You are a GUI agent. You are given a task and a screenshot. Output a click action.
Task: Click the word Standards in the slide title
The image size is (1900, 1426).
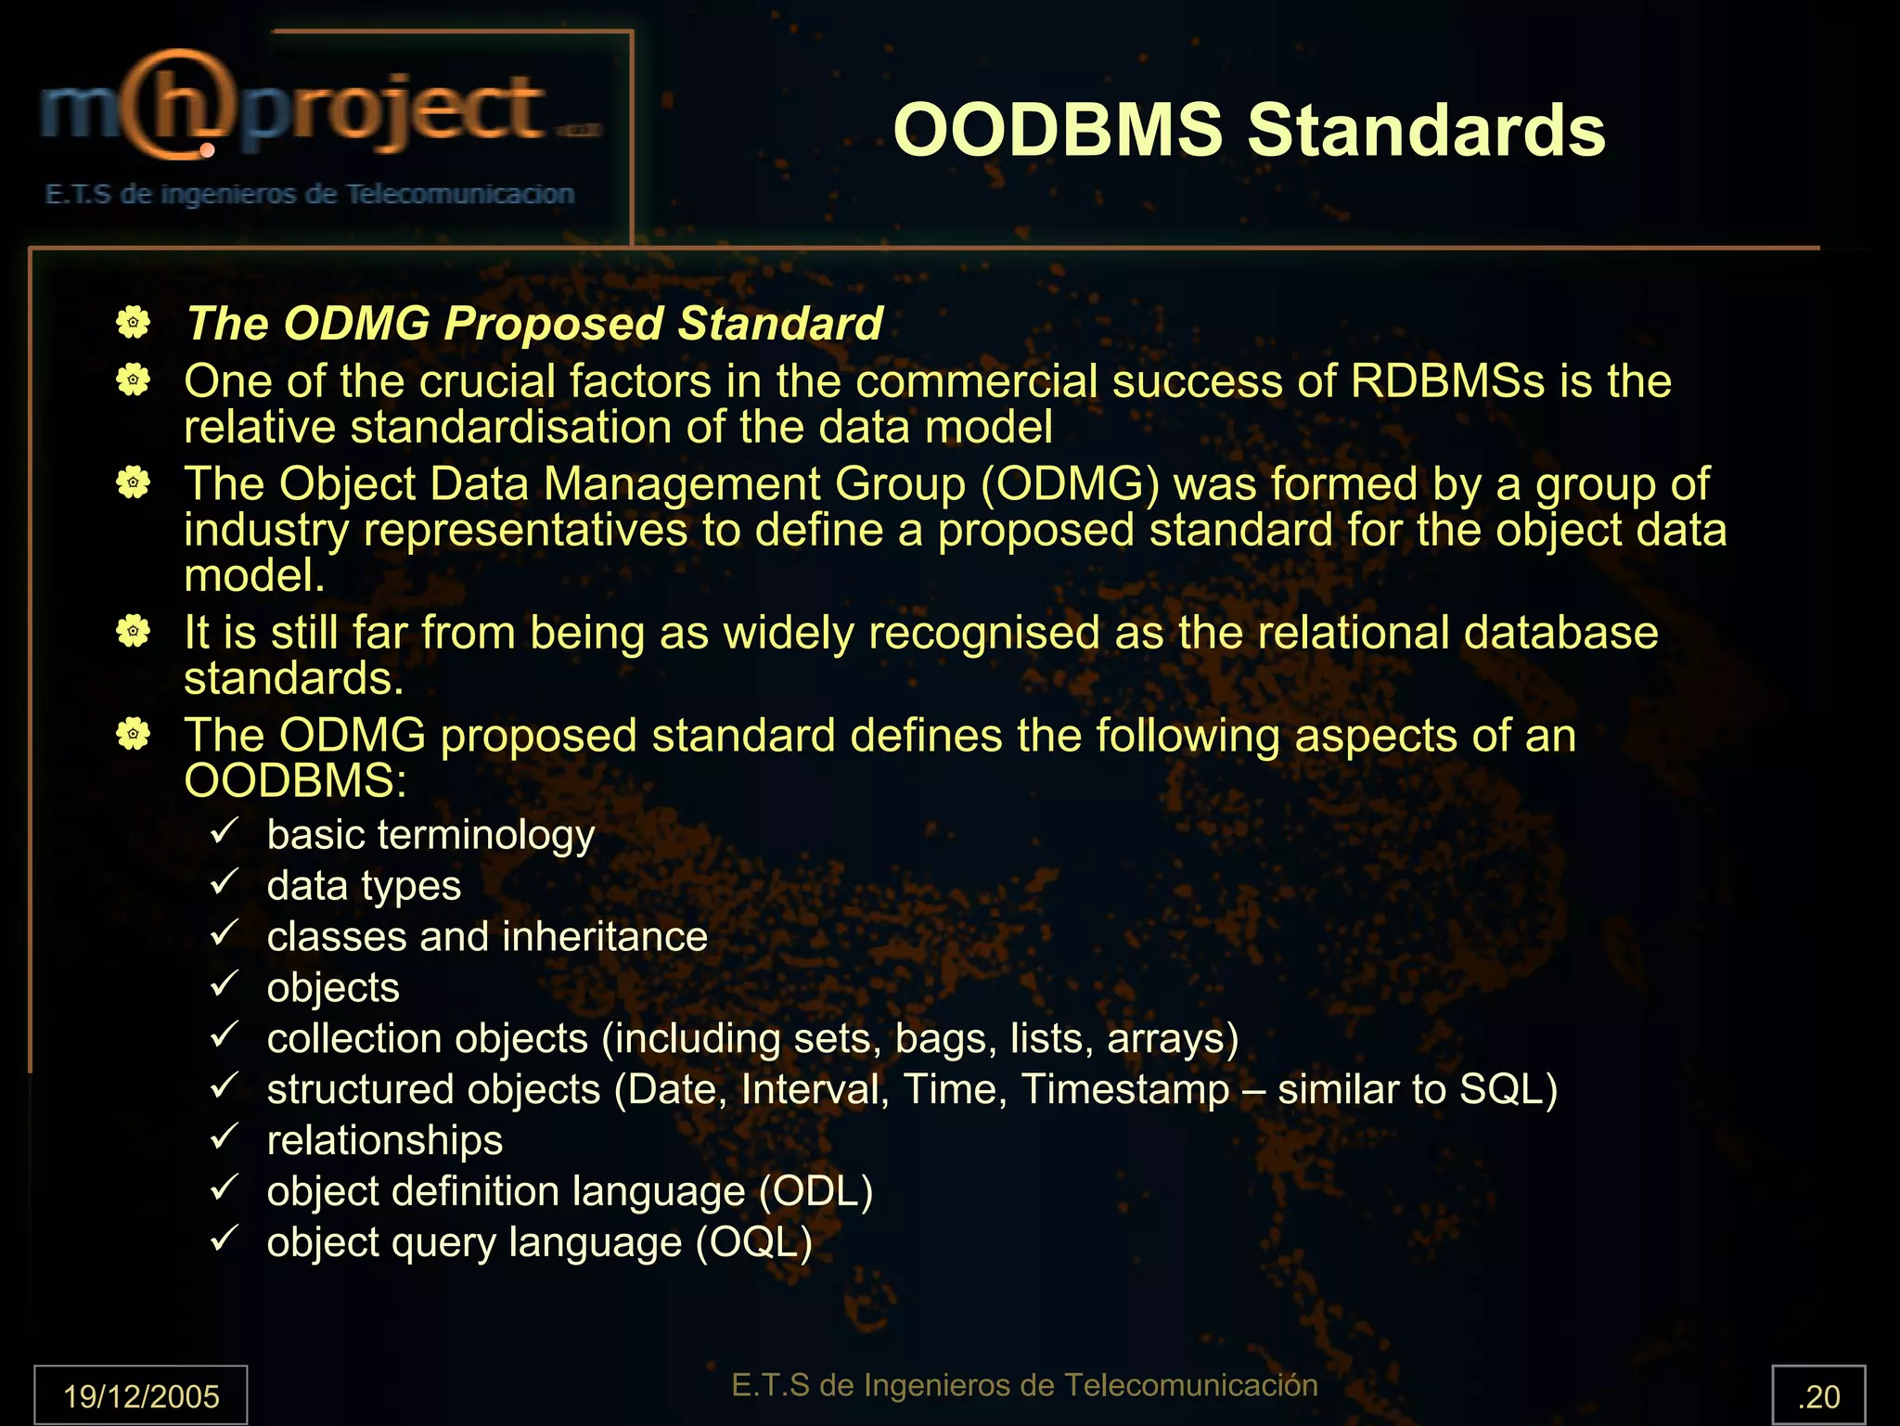1426,131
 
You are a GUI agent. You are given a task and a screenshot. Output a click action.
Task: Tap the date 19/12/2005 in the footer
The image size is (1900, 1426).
141,1395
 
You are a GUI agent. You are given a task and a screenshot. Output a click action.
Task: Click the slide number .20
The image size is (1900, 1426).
1818,1395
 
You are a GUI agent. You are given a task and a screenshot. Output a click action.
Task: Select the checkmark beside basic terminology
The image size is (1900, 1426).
225,830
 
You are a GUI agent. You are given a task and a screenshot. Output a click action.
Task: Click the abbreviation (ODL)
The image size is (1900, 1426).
815,1191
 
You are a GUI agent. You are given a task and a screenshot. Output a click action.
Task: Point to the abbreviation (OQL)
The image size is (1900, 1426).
754,1242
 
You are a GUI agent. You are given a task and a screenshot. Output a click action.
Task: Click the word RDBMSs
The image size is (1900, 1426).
1447,381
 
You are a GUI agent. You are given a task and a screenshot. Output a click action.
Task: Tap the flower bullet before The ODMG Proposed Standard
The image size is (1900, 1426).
134,323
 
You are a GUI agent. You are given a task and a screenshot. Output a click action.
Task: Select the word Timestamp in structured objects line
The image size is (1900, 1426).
1124,1089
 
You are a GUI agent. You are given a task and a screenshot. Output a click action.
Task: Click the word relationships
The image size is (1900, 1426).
385,1140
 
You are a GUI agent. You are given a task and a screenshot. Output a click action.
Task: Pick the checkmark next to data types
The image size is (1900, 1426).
225,881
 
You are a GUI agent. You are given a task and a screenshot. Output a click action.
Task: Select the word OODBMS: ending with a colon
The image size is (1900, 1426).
295,780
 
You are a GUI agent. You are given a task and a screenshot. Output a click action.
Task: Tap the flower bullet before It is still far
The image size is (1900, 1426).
134,633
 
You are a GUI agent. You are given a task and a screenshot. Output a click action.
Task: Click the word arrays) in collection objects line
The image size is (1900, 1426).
1173,1038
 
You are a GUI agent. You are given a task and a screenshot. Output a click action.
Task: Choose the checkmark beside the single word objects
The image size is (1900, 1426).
225,983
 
